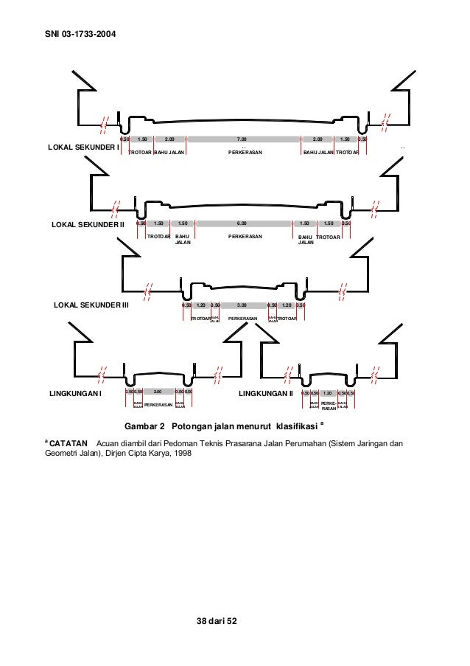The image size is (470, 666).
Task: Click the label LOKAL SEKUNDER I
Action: click(83, 147)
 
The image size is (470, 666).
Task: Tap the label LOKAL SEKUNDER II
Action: click(88, 223)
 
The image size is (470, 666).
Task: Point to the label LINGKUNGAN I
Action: click(74, 394)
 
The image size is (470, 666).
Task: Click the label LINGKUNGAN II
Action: click(266, 394)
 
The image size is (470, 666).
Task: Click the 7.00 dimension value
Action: click(242, 139)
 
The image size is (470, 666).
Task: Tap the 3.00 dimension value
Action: click(242, 304)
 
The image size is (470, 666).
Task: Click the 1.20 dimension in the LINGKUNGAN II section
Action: click(328, 394)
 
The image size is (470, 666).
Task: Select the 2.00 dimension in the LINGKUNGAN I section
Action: click(158, 392)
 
